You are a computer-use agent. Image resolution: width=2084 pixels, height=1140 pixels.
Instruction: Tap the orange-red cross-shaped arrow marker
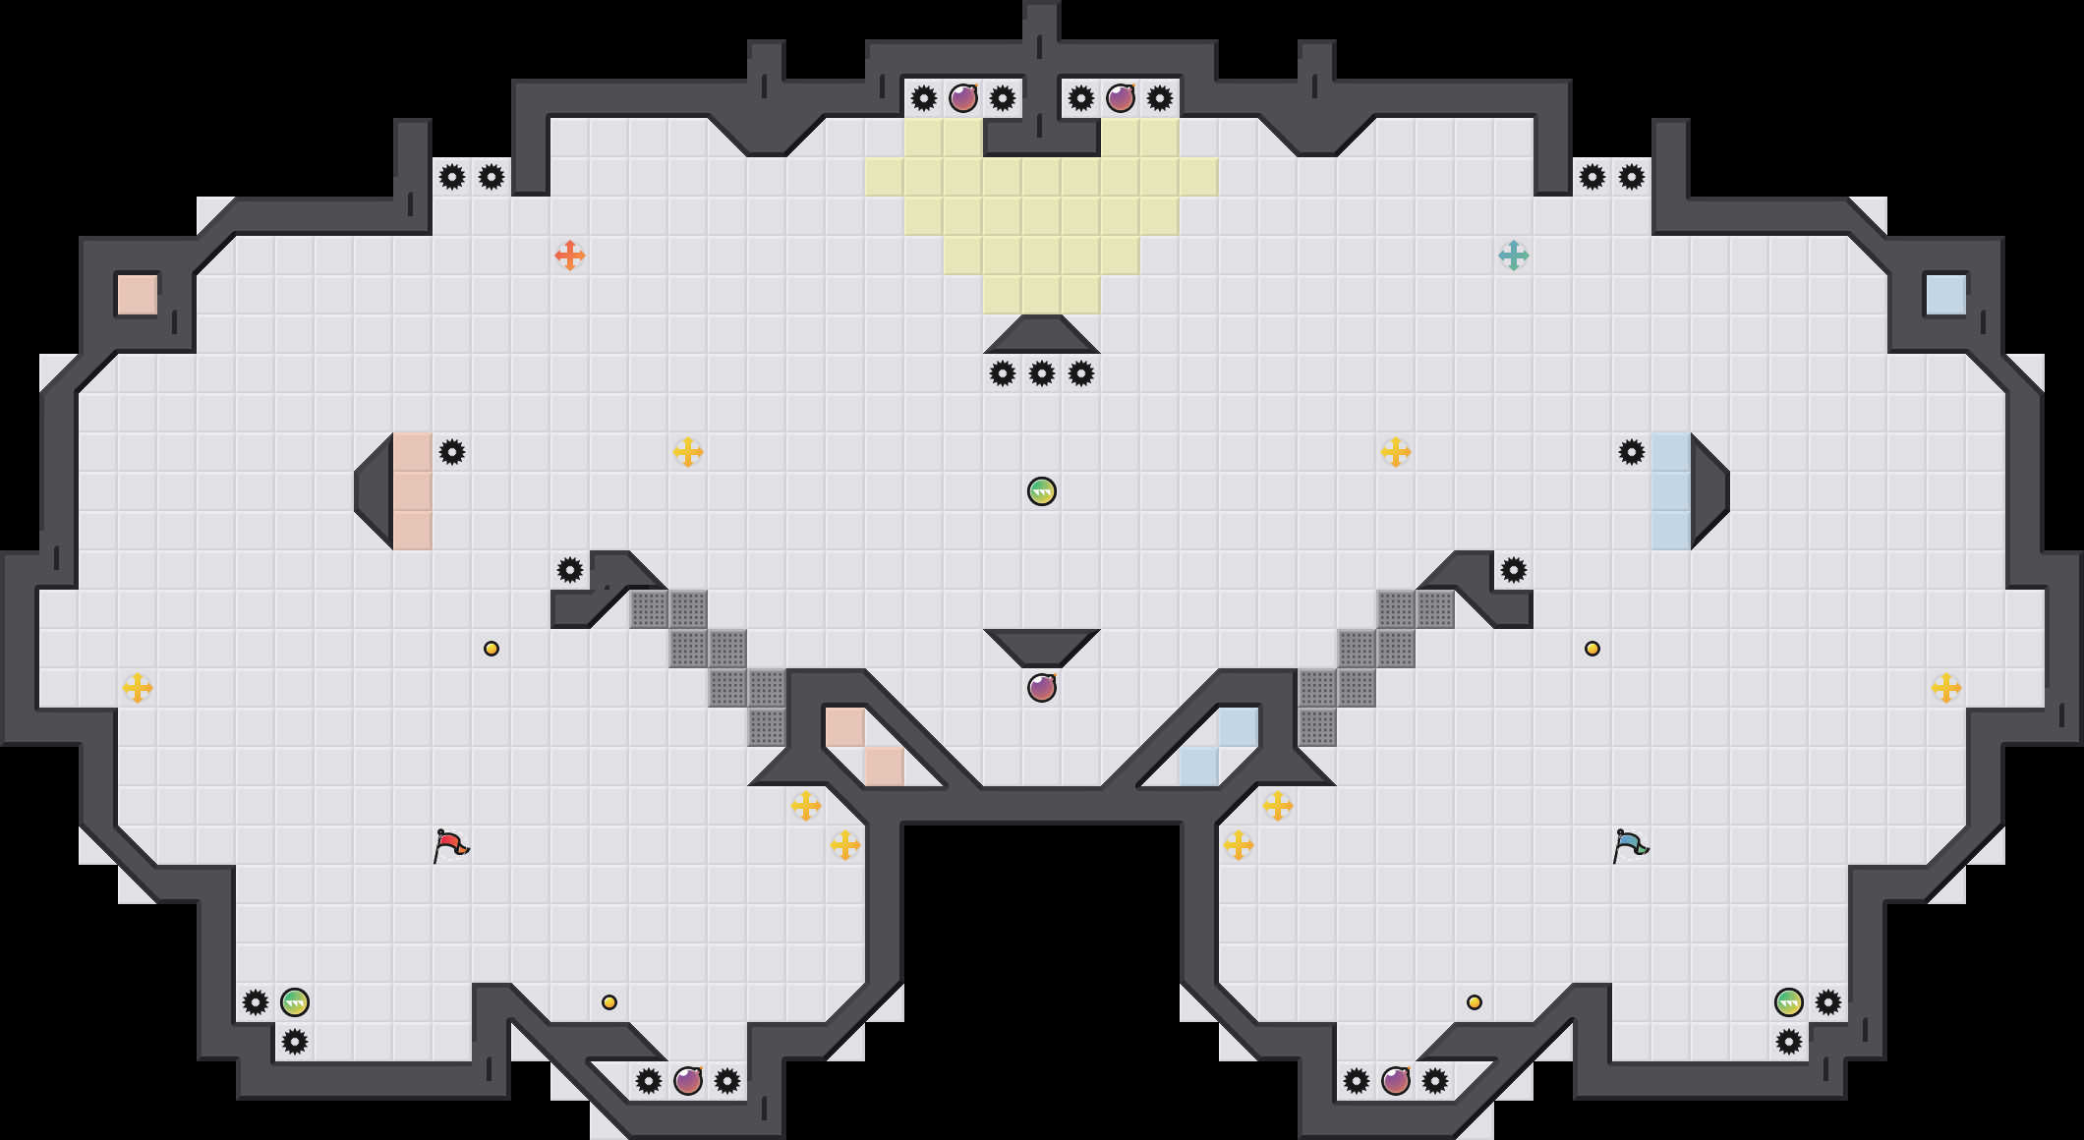[570, 256]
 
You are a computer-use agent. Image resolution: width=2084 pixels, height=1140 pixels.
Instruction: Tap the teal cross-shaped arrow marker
[1514, 256]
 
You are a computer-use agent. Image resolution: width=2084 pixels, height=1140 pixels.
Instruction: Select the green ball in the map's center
[1042, 491]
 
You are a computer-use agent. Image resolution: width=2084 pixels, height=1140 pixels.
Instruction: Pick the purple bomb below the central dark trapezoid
[1042, 688]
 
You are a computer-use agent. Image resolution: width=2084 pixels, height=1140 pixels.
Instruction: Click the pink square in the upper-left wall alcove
[138, 295]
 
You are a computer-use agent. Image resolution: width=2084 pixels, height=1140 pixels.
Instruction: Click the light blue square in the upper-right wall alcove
[1946, 295]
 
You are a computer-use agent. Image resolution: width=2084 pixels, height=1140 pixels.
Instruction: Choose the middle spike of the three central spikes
[1042, 373]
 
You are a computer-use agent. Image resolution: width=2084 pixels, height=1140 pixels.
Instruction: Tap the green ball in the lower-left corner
[295, 1002]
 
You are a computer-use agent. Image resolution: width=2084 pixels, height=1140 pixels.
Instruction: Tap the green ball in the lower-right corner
[1789, 1002]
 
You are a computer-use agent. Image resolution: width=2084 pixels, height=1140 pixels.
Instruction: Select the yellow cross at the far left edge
[138, 688]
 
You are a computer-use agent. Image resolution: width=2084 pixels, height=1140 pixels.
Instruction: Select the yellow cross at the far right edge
[1946, 688]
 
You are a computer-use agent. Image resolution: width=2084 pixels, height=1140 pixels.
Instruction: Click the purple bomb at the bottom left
[688, 1081]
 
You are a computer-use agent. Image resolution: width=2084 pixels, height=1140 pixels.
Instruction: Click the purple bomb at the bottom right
[1396, 1081]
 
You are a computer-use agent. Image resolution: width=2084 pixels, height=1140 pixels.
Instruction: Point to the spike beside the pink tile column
[452, 452]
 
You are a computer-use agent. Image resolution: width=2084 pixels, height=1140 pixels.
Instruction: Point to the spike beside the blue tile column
[1632, 452]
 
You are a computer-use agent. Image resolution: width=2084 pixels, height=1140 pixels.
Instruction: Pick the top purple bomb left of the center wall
[963, 98]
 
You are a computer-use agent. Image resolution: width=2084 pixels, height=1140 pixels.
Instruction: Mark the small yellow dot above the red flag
[492, 649]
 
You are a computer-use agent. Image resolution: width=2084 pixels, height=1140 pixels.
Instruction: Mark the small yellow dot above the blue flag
[1592, 649]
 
